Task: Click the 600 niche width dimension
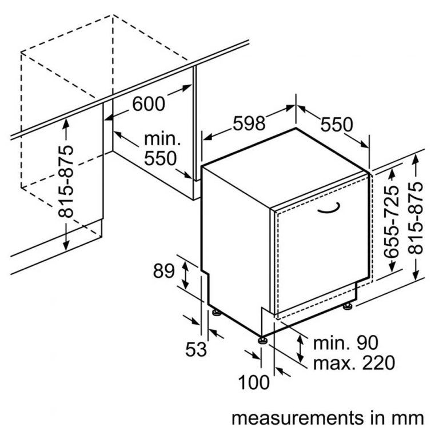149,103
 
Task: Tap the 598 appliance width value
249,123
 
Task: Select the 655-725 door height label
392,221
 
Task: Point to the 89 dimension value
164,271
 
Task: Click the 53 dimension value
196,349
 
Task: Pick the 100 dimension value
254,382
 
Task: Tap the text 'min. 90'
345,342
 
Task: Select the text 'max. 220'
354,362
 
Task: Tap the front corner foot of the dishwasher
262,340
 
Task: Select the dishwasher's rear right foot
348,306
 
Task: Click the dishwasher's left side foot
216,312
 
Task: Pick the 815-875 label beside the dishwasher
415,218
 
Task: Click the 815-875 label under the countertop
66,181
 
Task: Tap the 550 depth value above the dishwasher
337,125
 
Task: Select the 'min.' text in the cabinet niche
162,139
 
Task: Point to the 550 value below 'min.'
161,158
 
